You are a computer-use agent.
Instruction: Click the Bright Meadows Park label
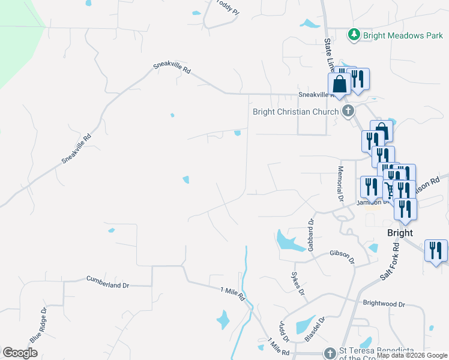pos(403,35)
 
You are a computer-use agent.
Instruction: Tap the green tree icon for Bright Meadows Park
pos(354,35)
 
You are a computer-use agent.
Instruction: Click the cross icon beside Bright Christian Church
pos(348,111)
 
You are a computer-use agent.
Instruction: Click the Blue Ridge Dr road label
pos(38,326)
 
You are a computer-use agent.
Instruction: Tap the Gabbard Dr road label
pos(311,235)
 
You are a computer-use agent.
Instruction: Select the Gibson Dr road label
pos(342,257)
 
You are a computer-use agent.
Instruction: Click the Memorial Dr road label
pos(340,184)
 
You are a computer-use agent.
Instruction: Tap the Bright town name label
pos(400,233)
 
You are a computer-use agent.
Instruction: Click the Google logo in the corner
pos(20,353)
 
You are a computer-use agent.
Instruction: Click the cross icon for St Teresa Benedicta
pos(329,353)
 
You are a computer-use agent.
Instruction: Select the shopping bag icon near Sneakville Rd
pos(339,84)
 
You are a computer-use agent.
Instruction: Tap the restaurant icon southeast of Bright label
pos(436,250)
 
